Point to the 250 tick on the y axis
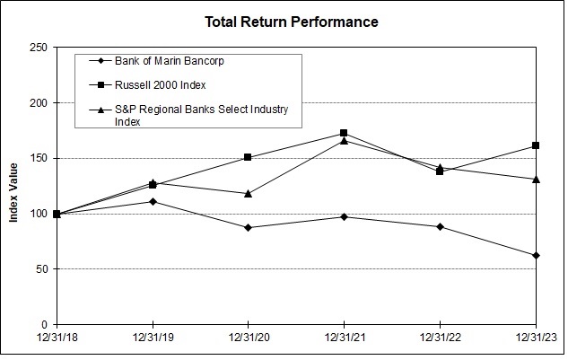pyautogui.click(x=38, y=48)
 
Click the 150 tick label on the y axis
pyautogui.click(x=38, y=158)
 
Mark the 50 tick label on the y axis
pyautogui.click(x=40, y=269)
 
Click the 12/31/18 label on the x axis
pyautogui.click(x=57, y=338)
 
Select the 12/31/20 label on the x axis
pyautogui.click(x=249, y=338)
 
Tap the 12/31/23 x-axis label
pyautogui.click(x=536, y=338)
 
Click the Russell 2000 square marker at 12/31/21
pyautogui.click(x=344, y=133)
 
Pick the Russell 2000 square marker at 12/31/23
pyautogui.click(x=536, y=145)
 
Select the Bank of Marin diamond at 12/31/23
pyautogui.click(x=536, y=256)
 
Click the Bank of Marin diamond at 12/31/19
pyautogui.click(x=153, y=201)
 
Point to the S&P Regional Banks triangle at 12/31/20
pyautogui.click(x=249, y=193)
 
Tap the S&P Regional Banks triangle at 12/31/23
pyautogui.click(x=536, y=179)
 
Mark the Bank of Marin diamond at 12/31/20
pyautogui.click(x=249, y=227)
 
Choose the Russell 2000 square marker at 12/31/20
pyautogui.click(x=249, y=157)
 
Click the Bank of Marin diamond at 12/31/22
pyautogui.click(x=440, y=226)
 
